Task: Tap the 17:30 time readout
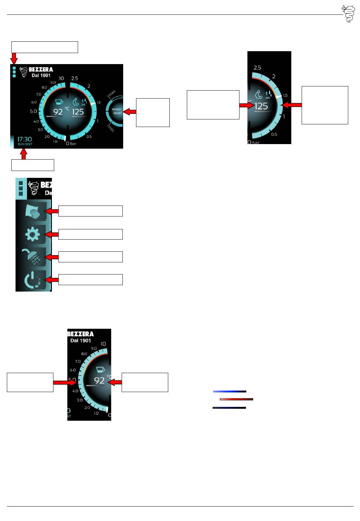[25, 139]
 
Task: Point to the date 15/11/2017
[25, 144]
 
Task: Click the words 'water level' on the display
[117, 111]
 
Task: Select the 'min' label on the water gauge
[111, 129]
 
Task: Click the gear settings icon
[32, 235]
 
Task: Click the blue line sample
[230, 391]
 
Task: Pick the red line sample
[236, 399]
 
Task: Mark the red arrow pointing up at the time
[24, 154]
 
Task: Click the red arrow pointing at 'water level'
[130, 112]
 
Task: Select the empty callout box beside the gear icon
[91, 234]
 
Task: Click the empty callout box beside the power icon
[91, 279]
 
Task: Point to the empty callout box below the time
[33, 165]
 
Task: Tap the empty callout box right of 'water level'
[153, 112]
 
